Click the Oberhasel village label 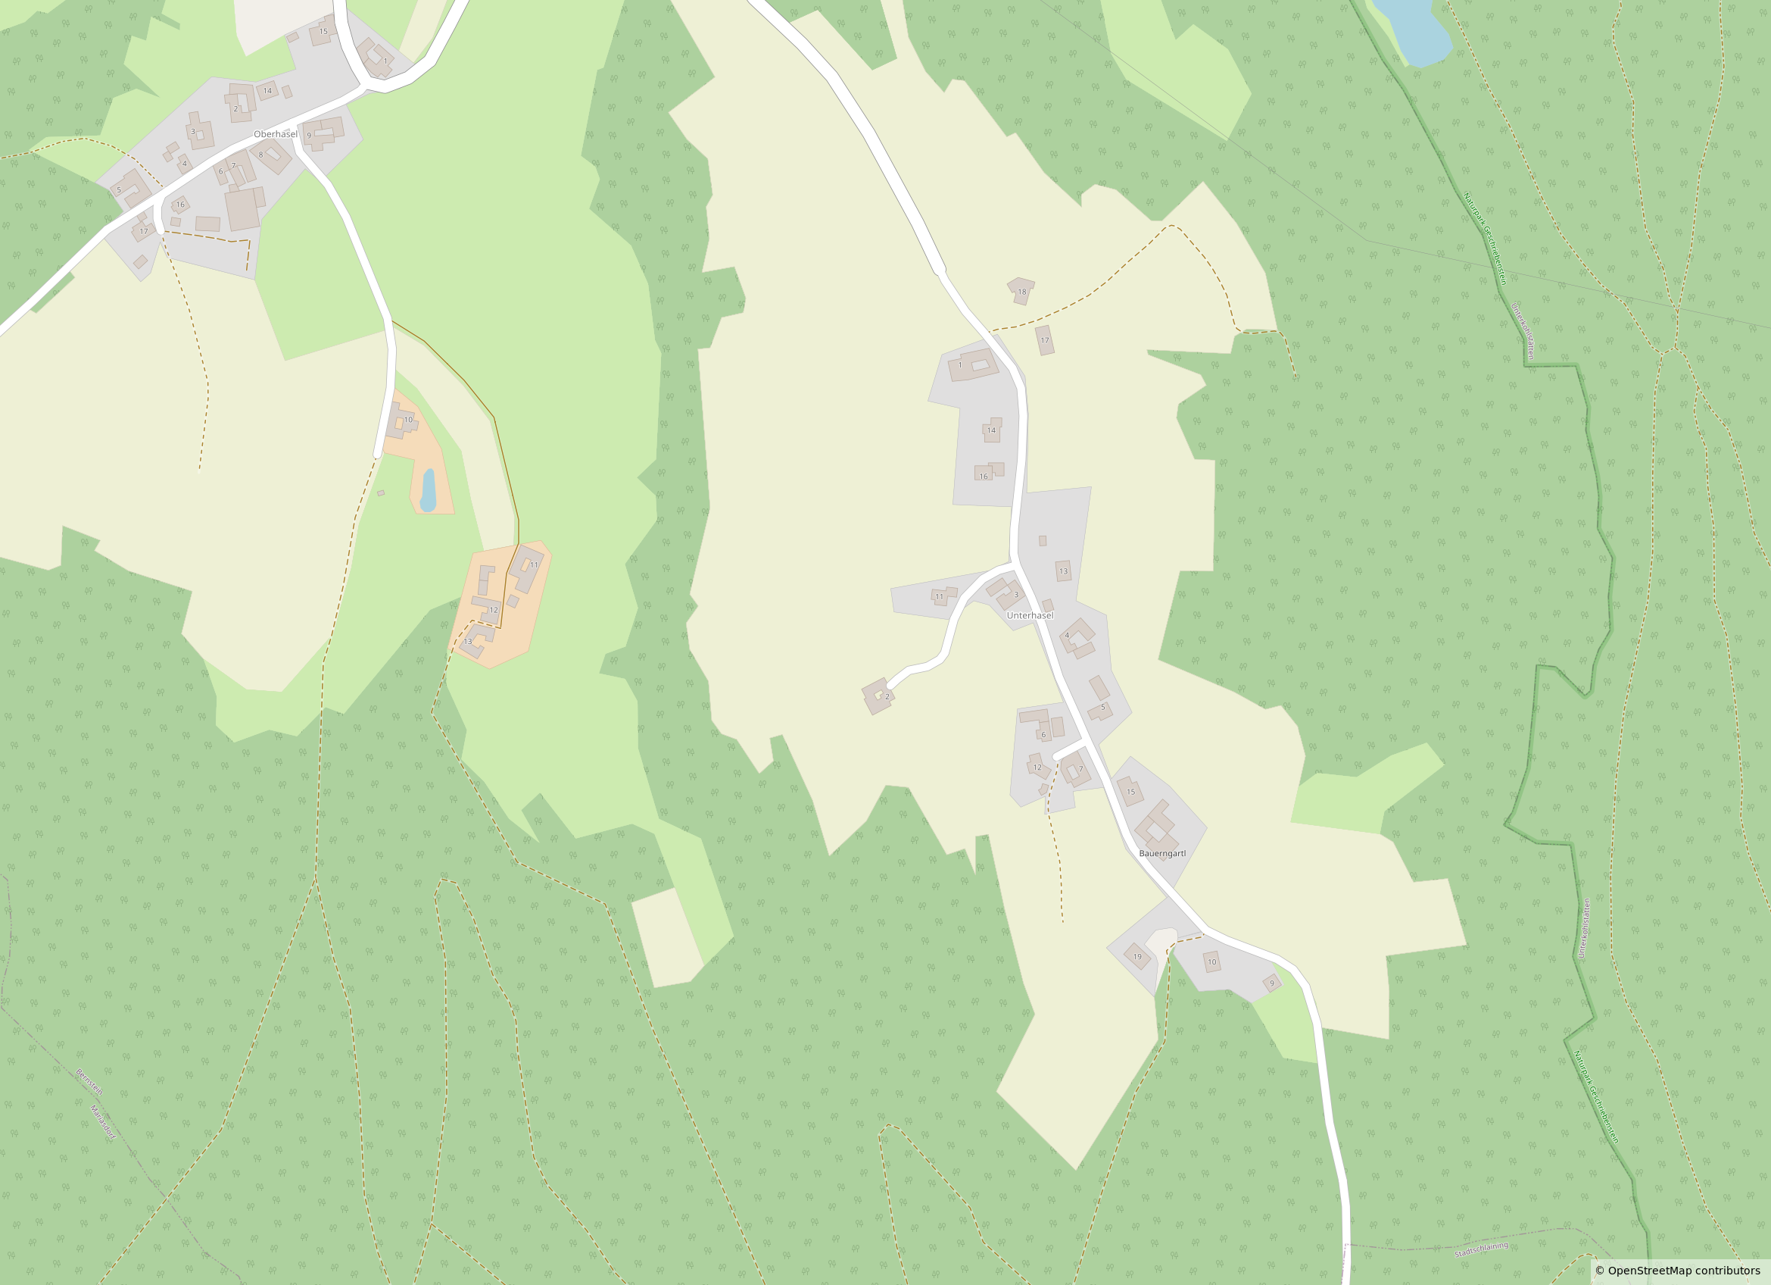click(x=275, y=134)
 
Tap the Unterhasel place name click(x=1030, y=615)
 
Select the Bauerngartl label click(x=1162, y=853)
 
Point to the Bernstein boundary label click(x=89, y=1082)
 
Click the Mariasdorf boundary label click(x=102, y=1123)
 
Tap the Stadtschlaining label click(x=1481, y=1249)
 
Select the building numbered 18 click(x=1021, y=291)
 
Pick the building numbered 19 click(x=1137, y=956)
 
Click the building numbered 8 click(x=272, y=156)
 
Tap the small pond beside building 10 click(x=428, y=490)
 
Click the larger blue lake click(x=1412, y=31)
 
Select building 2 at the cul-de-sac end click(x=878, y=696)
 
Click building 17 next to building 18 click(x=1045, y=341)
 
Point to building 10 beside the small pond click(x=401, y=422)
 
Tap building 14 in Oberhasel click(x=267, y=91)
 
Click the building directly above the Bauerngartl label click(x=1158, y=823)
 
